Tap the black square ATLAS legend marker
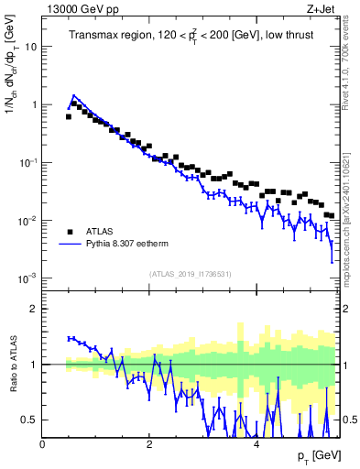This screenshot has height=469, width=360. click(70, 231)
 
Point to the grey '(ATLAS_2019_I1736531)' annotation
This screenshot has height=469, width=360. click(189, 273)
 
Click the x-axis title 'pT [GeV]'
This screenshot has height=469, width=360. click(312, 455)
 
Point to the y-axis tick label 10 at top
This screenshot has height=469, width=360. click(30, 46)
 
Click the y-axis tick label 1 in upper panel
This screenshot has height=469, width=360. click(34, 104)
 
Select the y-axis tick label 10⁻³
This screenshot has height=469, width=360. click(28, 278)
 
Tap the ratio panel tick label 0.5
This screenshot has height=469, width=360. click(30, 420)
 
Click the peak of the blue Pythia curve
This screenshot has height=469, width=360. click(73, 94)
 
